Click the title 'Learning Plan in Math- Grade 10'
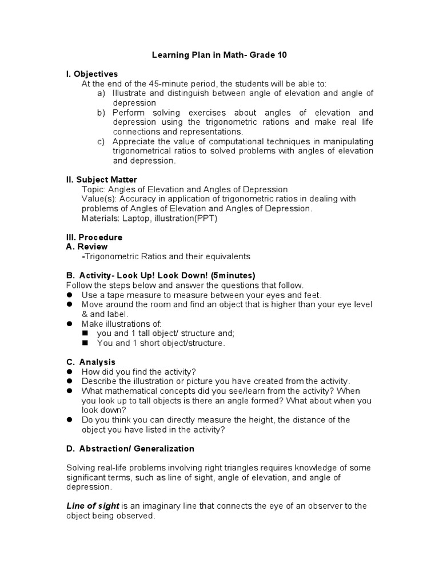coord(219,56)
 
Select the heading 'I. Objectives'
coord(92,74)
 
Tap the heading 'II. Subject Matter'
coord(102,180)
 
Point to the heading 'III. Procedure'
coord(94,237)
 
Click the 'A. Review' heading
coord(87,247)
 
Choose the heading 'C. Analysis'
coord(91,362)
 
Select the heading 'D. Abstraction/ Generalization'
coord(130,449)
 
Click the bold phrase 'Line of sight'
coord(93,506)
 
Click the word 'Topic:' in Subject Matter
coord(94,189)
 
